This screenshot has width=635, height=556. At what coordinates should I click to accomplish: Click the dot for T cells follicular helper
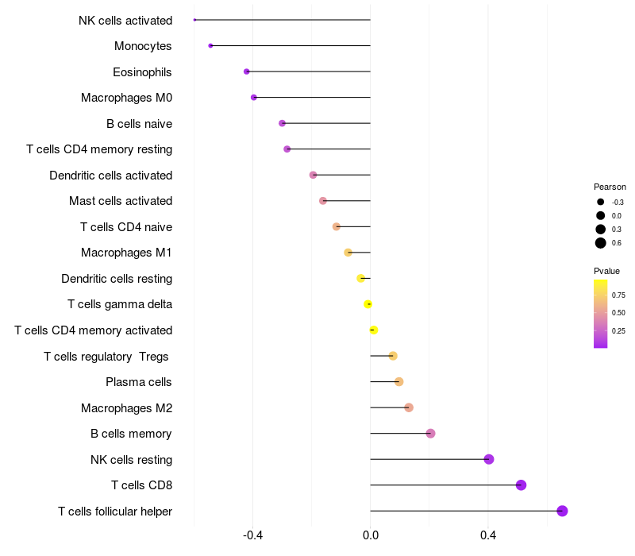pos(562,511)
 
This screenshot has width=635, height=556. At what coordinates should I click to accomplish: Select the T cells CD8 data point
pos(521,485)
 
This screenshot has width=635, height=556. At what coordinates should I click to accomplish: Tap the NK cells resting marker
pos(489,459)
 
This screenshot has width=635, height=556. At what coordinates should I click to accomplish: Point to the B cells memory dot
pos(430,434)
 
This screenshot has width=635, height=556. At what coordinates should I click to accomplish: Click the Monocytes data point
pos(210,45)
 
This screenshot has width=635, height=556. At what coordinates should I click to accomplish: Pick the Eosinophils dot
pos(247,71)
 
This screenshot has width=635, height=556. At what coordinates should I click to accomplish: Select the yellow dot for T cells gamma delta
pos(368,304)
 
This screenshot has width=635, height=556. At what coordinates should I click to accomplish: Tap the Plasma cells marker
pos(398,382)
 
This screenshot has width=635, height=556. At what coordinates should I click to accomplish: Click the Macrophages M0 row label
pos(126,98)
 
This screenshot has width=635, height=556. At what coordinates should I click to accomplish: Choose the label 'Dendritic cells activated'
pos(110,175)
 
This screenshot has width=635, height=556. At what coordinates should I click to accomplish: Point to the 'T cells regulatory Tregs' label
pos(107,356)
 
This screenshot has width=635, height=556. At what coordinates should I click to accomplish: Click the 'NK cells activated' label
pos(125,20)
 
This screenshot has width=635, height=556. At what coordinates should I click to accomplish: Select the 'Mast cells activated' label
pos(121,201)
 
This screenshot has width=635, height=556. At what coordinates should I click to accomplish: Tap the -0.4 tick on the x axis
pos(252,535)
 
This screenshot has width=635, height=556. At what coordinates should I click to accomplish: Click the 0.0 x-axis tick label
pos(371,535)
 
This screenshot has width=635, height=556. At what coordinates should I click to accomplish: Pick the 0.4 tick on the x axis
pos(488,535)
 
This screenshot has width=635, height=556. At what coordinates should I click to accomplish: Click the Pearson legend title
pos(610,187)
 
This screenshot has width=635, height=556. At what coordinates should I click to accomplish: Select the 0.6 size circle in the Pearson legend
pos(601,243)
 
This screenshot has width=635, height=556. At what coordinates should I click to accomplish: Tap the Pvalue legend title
pos(606,271)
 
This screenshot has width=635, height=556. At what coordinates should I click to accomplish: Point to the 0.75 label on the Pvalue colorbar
pos(618,295)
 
